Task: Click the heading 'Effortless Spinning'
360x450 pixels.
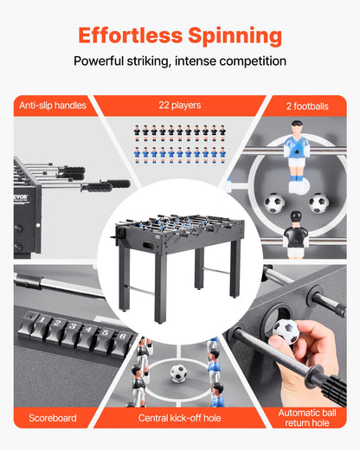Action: [180, 35]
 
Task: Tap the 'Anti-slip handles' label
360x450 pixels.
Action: [53, 106]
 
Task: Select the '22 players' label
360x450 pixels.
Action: [180, 106]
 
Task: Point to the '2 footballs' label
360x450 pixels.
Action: [307, 106]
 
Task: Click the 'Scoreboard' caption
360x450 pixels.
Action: [53, 418]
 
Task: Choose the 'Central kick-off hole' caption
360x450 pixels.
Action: [180, 418]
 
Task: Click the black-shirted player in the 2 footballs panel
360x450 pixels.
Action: [295, 236]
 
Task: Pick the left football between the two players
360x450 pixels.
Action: [274, 204]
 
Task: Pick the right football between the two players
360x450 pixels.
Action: [318, 203]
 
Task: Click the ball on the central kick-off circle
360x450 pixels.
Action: [178, 374]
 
